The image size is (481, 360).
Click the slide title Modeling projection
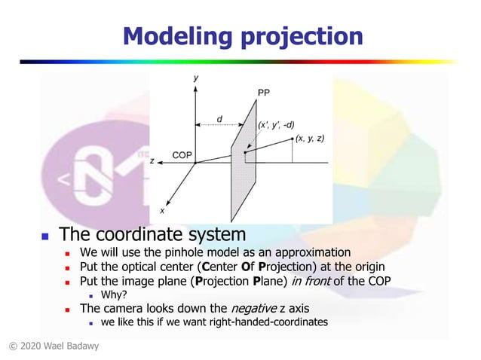click(x=242, y=35)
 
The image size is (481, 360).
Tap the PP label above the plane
click(x=263, y=93)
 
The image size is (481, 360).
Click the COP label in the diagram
click(x=182, y=155)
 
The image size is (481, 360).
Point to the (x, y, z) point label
click(x=310, y=138)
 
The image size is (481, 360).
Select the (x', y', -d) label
click(x=276, y=124)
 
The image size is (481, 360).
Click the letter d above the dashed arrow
click(x=219, y=118)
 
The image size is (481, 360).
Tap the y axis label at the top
click(x=195, y=78)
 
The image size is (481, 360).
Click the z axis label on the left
click(x=152, y=161)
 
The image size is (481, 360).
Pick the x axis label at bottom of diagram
click(x=161, y=210)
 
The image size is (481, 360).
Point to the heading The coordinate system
click(x=152, y=234)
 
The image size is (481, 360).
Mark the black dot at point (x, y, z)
click(x=292, y=139)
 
